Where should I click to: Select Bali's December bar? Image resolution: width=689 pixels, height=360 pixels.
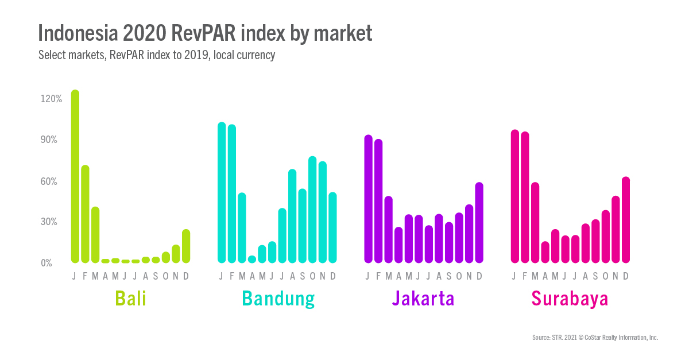pyautogui.click(x=186, y=246)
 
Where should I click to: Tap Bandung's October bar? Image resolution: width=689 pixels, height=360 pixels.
pyautogui.click(x=312, y=210)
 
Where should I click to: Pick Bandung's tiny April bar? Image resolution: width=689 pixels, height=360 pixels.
pyautogui.click(x=251, y=260)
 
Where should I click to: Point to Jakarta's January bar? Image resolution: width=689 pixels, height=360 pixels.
pyautogui.click(x=369, y=199)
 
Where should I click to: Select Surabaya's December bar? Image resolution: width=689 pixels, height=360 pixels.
pyautogui.click(x=626, y=220)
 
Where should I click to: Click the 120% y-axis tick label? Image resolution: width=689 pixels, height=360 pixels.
pyautogui.click(x=51, y=99)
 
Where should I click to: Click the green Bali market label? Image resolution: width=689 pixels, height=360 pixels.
pyautogui.click(x=131, y=299)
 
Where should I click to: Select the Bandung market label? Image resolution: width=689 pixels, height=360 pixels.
pyautogui.click(x=278, y=299)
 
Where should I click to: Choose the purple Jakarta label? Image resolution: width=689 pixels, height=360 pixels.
pyautogui.click(x=423, y=299)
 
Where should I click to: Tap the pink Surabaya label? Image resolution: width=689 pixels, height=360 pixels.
pyautogui.click(x=570, y=299)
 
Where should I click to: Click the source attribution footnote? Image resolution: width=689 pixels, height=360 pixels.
pyautogui.click(x=595, y=338)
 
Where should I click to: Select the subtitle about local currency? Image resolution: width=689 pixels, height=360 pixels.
pyautogui.click(x=157, y=56)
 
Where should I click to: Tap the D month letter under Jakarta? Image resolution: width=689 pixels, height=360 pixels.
pyautogui.click(x=479, y=276)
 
